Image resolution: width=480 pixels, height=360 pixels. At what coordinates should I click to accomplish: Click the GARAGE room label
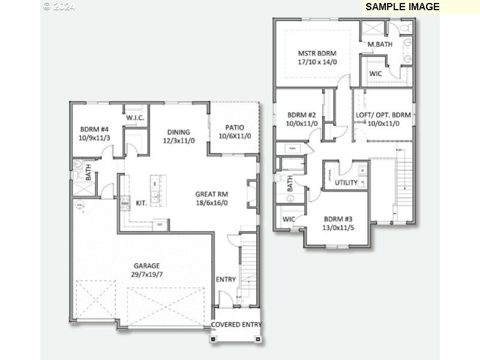(147, 265)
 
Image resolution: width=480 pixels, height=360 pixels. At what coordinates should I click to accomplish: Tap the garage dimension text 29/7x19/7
(147, 274)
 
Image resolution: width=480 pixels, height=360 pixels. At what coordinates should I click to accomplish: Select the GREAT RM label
(211, 194)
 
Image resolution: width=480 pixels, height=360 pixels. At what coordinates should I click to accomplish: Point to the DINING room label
(179, 132)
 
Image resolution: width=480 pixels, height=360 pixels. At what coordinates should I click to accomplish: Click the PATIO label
(234, 127)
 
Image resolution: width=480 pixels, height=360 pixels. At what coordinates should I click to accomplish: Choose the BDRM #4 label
(95, 128)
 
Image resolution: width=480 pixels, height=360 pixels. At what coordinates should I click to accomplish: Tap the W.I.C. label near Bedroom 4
(135, 118)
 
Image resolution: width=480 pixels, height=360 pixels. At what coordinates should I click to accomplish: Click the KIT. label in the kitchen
(142, 203)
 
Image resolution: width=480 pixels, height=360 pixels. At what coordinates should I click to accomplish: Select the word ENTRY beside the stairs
(226, 280)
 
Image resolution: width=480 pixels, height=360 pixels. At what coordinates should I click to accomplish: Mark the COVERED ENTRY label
(236, 325)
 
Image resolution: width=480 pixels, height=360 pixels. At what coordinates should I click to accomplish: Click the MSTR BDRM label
(317, 53)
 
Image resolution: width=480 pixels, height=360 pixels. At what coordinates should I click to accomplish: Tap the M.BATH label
(380, 44)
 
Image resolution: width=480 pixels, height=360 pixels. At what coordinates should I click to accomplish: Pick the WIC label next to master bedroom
(376, 74)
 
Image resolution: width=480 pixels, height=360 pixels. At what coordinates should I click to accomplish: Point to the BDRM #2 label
(301, 115)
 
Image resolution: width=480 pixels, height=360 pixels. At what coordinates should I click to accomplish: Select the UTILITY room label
(346, 182)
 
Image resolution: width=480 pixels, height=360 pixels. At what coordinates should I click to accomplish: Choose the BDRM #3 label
(338, 219)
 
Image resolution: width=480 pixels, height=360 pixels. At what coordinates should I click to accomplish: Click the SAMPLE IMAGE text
(403, 7)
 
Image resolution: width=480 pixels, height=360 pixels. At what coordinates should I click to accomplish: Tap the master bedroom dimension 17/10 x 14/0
(317, 62)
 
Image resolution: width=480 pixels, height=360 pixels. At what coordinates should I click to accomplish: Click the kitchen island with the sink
(155, 191)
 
